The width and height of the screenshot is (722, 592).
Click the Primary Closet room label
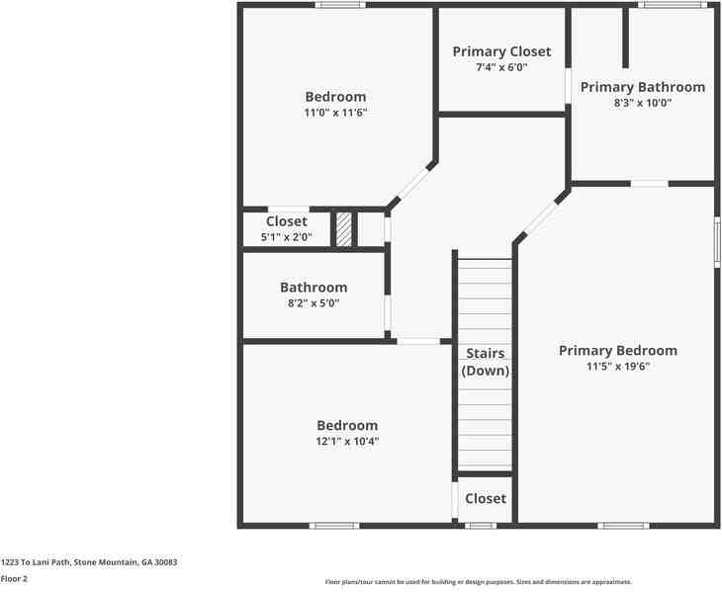501,51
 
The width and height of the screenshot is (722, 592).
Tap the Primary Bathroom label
642,87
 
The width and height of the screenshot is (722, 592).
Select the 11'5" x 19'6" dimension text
618,367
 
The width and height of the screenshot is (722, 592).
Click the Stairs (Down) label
486,362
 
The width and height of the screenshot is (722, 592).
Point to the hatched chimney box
343,229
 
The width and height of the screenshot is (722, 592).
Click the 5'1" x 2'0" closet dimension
287,237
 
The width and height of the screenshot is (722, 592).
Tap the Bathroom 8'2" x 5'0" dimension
314,303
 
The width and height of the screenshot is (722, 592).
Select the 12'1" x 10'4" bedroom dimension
347,442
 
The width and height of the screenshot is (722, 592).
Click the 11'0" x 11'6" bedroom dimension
335,113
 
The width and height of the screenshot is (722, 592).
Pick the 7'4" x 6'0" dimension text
501,67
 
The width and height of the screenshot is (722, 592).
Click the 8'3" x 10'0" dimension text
642,103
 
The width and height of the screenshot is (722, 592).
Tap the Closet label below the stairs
486,499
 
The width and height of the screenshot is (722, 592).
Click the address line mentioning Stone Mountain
89,562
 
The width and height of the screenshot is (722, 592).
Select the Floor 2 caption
14,579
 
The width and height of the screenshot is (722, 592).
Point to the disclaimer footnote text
479,582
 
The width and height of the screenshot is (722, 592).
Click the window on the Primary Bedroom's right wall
717,242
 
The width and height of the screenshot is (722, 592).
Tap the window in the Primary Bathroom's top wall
673,5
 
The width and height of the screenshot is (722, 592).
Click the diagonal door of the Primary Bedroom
542,217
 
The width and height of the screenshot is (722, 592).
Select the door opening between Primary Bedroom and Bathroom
649,184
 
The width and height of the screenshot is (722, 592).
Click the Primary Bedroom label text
618,351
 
